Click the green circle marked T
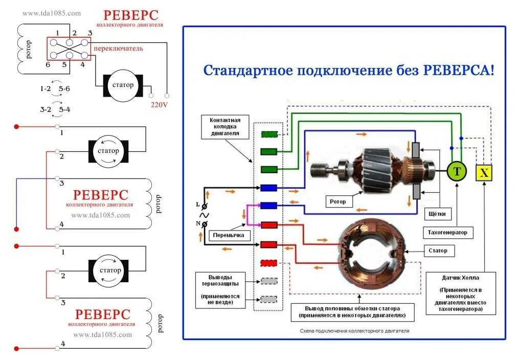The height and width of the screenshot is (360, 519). [457, 172]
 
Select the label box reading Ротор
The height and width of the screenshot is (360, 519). [337, 201]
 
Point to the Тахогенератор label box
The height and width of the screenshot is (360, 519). [447, 233]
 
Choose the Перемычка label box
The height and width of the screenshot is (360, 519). [230, 236]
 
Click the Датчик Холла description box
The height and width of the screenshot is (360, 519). [460, 294]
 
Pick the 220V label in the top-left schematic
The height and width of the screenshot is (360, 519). [159, 105]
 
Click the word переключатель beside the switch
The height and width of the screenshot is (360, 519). [118, 49]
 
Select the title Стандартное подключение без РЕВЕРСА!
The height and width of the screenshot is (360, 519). [349, 70]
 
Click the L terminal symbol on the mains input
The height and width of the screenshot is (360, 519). [205, 206]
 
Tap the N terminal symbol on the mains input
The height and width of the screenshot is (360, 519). [204, 224]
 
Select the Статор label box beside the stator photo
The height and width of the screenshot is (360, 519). [435, 251]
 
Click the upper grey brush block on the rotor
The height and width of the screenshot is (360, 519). [416, 149]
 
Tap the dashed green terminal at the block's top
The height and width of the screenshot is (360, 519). [269, 135]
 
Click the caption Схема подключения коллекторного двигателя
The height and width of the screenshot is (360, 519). [354, 331]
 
